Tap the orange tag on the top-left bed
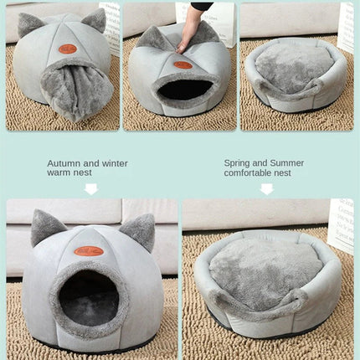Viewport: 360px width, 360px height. click(x=68, y=49)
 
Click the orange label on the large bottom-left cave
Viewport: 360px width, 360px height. click(x=88, y=250)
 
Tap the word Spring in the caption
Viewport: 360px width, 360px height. click(x=239, y=163)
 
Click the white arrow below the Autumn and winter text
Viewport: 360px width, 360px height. click(x=90, y=189)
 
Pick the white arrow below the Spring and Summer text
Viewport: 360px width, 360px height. click(x=266, y=189)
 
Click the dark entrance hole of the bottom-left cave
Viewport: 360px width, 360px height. click(x=88, y=297)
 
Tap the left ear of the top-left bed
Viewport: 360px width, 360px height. click(x=30, y=23)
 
